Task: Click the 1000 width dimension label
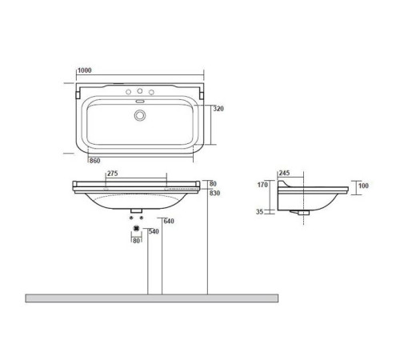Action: coord(86,71)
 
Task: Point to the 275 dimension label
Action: coord(113,173)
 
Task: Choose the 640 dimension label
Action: coord(169,222)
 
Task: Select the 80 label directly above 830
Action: coord(213,182)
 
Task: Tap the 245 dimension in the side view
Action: coord(285,173)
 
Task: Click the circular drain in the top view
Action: coord(142,115)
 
